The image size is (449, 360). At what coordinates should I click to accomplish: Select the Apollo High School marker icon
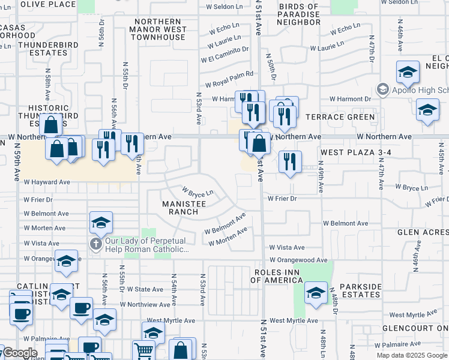pyautogui.click(x=382, y=90)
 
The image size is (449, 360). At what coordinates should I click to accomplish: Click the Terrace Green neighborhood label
pyautogui.click(x=340, y=117)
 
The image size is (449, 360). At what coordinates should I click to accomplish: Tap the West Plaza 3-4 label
pyautogui.click(x=351, y=153)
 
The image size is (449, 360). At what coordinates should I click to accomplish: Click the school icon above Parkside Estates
pyautogui.click(x=316, y=293)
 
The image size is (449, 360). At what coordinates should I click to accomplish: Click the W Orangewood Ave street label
pyautogui.click(x=298, y=260)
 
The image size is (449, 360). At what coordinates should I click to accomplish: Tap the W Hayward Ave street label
pyautogui.click(x=47, y=182)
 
